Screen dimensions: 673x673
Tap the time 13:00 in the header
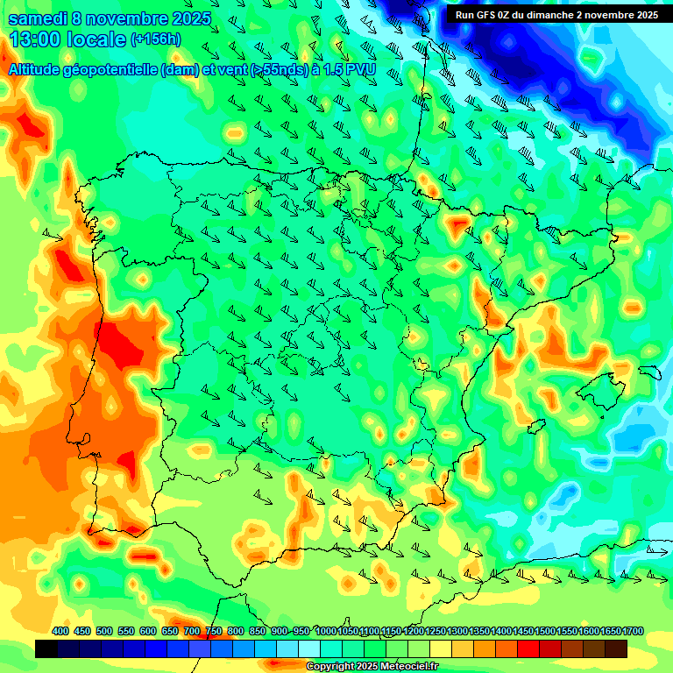pyautogui.click(x=36, y=39)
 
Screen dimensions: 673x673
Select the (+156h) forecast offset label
pyautogui.click(x=156, y=39)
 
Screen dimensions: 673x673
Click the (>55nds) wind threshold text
pyautogui.click(x=273, y=69)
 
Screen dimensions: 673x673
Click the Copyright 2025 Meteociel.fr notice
pyautogui.click(x=372, y=667)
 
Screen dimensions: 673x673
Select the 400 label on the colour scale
pyautogui.click(x=60, y=632)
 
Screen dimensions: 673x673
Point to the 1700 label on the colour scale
pyautogui.click(x=610, y=632)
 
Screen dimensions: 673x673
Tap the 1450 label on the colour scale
pyautogui.click(x=522, y=632)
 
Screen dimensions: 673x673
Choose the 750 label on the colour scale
pyautogui.click(x=214, y=632)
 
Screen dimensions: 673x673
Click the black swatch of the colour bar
pyautogui.click(x=46, y=649)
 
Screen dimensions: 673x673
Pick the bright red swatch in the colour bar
pyautogui.click(x=528, y=649)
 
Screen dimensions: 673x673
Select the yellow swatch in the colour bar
pyautogui.click(x=441, y=649)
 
